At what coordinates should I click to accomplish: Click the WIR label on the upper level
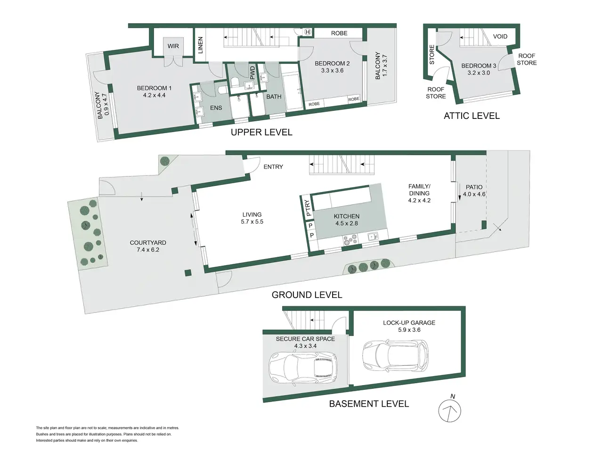tap(173, 46)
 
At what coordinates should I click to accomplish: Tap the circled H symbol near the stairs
tap(308, 32)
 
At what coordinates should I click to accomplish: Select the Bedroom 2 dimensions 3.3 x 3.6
tap(332, 70)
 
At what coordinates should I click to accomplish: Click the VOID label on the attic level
tap(500, 36)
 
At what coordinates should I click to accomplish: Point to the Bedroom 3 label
tap(479, 66)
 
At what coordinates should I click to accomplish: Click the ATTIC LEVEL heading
tap(472, 116)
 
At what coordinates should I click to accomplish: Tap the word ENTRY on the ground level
tap(273, 167)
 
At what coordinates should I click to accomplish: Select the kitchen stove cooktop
tap(350, 239)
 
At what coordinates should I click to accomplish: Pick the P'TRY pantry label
tap(308, 208)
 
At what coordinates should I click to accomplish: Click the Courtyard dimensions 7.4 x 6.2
tap(148, 250)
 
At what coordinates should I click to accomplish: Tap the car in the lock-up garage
tap(395, 355)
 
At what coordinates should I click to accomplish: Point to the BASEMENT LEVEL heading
tap(369, 403)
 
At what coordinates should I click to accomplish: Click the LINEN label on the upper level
tap(200, 45)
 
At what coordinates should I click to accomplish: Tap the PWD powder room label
tap(253, 73)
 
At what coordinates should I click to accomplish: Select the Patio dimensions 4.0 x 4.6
tap(474, 194)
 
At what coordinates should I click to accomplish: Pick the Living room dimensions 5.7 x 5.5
tap(252, 222)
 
